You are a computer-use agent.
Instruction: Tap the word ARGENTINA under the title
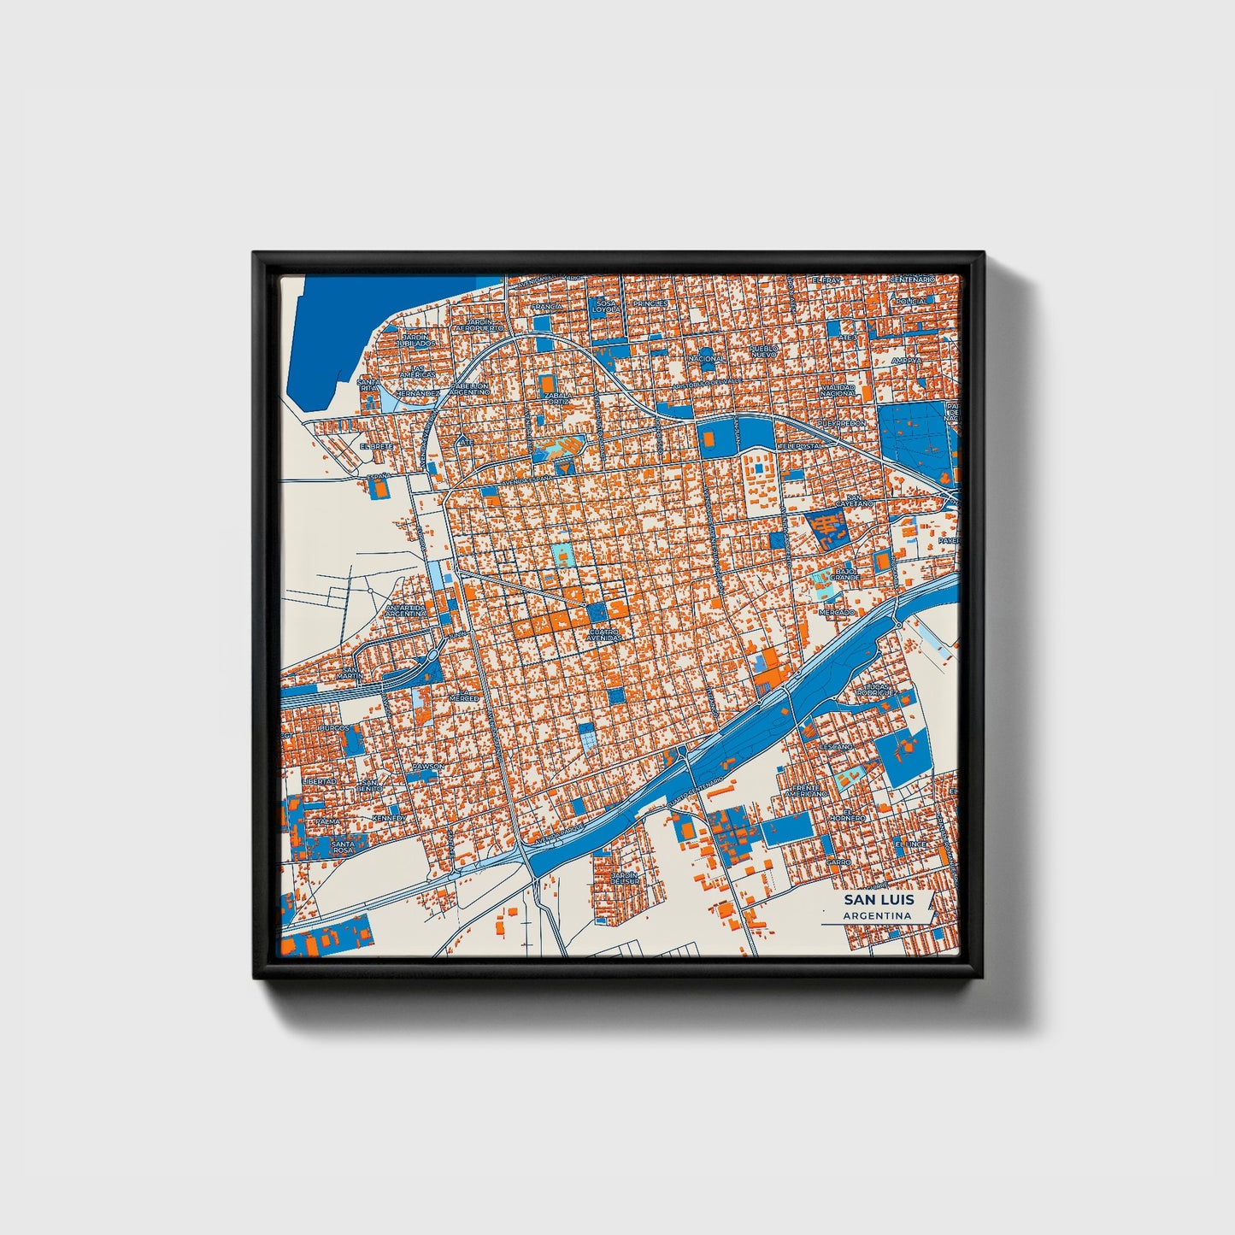pos(877,916)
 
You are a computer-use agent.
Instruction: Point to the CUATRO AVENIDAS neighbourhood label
pos(603,635)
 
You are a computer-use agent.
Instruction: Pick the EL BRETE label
pos(376,446)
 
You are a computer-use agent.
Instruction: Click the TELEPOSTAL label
pos(800,446)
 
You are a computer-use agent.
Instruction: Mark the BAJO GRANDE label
pos(844,574)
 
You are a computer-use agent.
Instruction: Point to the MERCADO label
pos(836,612)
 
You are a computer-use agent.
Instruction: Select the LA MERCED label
pos(465,698)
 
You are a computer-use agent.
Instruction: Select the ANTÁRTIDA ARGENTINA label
pos(405,610)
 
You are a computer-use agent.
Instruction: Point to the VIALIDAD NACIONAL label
pos(838,391)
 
